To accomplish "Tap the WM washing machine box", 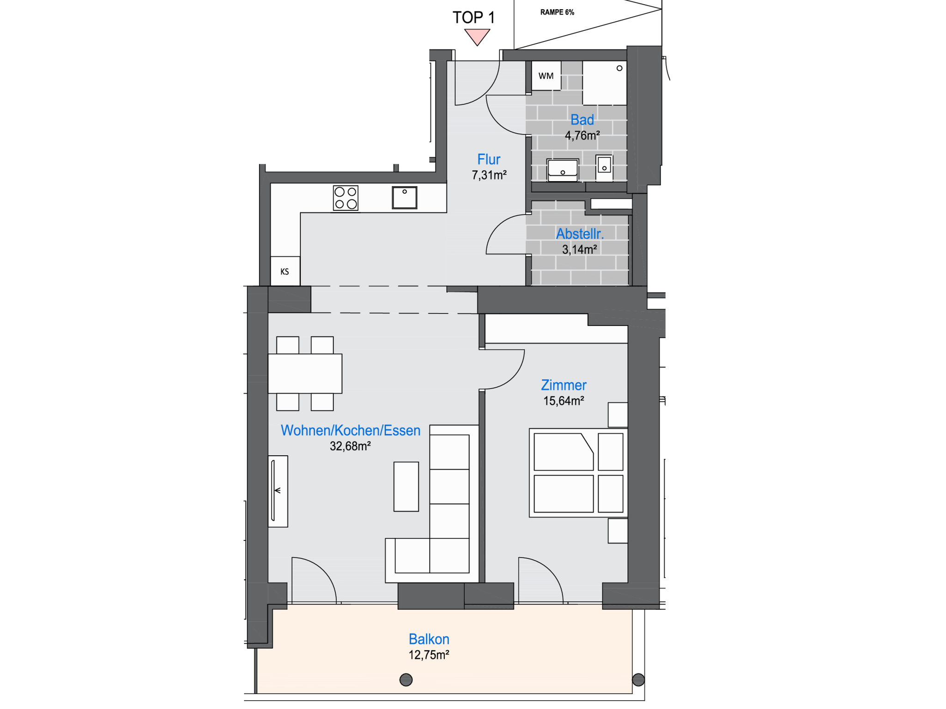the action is (x=546, y=76).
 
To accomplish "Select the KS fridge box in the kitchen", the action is (x=285, y=271).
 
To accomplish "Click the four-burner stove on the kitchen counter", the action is (x=346, y=198).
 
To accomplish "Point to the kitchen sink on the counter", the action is (x=404, y=197).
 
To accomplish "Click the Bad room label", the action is (x=582, y=120).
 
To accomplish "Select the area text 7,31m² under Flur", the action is (x=489, y=175).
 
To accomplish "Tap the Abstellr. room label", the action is (x=580, y=234).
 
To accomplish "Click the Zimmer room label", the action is (x=564, y=385).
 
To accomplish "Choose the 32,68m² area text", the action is (x=350, y=446).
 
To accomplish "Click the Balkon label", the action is (x=429, y=639).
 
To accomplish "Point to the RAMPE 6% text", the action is (x=557, y=12).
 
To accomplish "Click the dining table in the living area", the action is (x=305, y=373).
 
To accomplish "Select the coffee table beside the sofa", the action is (x=406, y=487).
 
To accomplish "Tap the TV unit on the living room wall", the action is (x=278, y=491).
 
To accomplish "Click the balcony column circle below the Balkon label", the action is (x=406, y=679).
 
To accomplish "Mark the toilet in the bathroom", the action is (x=604, y=167).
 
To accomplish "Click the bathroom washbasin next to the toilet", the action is (x=562, y=170).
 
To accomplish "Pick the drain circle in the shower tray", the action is (x=619, y=68).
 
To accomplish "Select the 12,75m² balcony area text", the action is (x=429, y=655).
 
